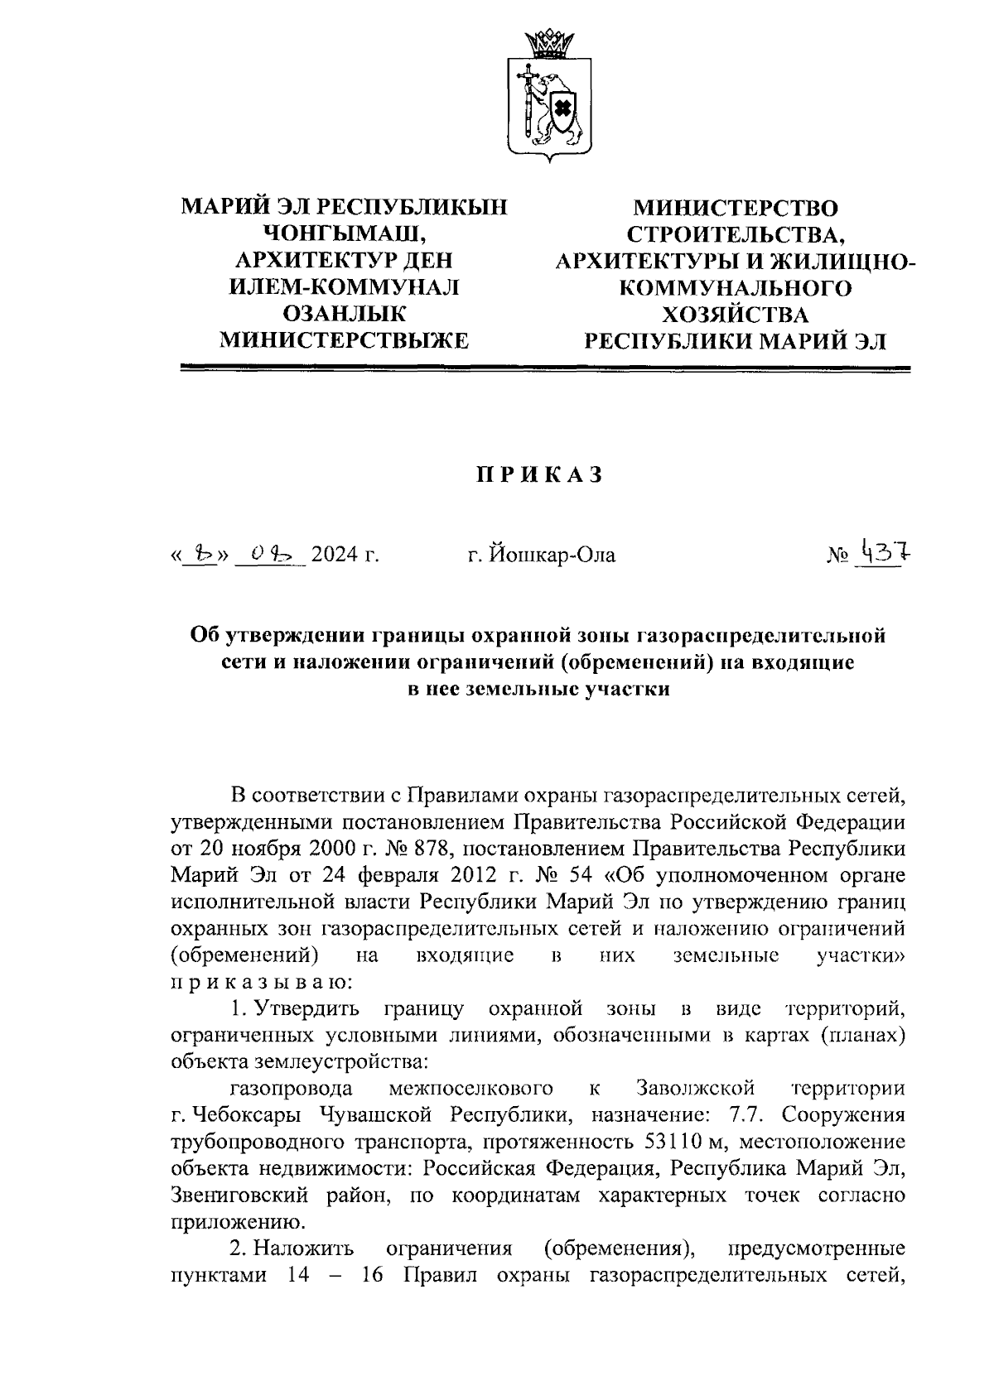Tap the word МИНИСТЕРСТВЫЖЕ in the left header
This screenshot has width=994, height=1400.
coord(343,340)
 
